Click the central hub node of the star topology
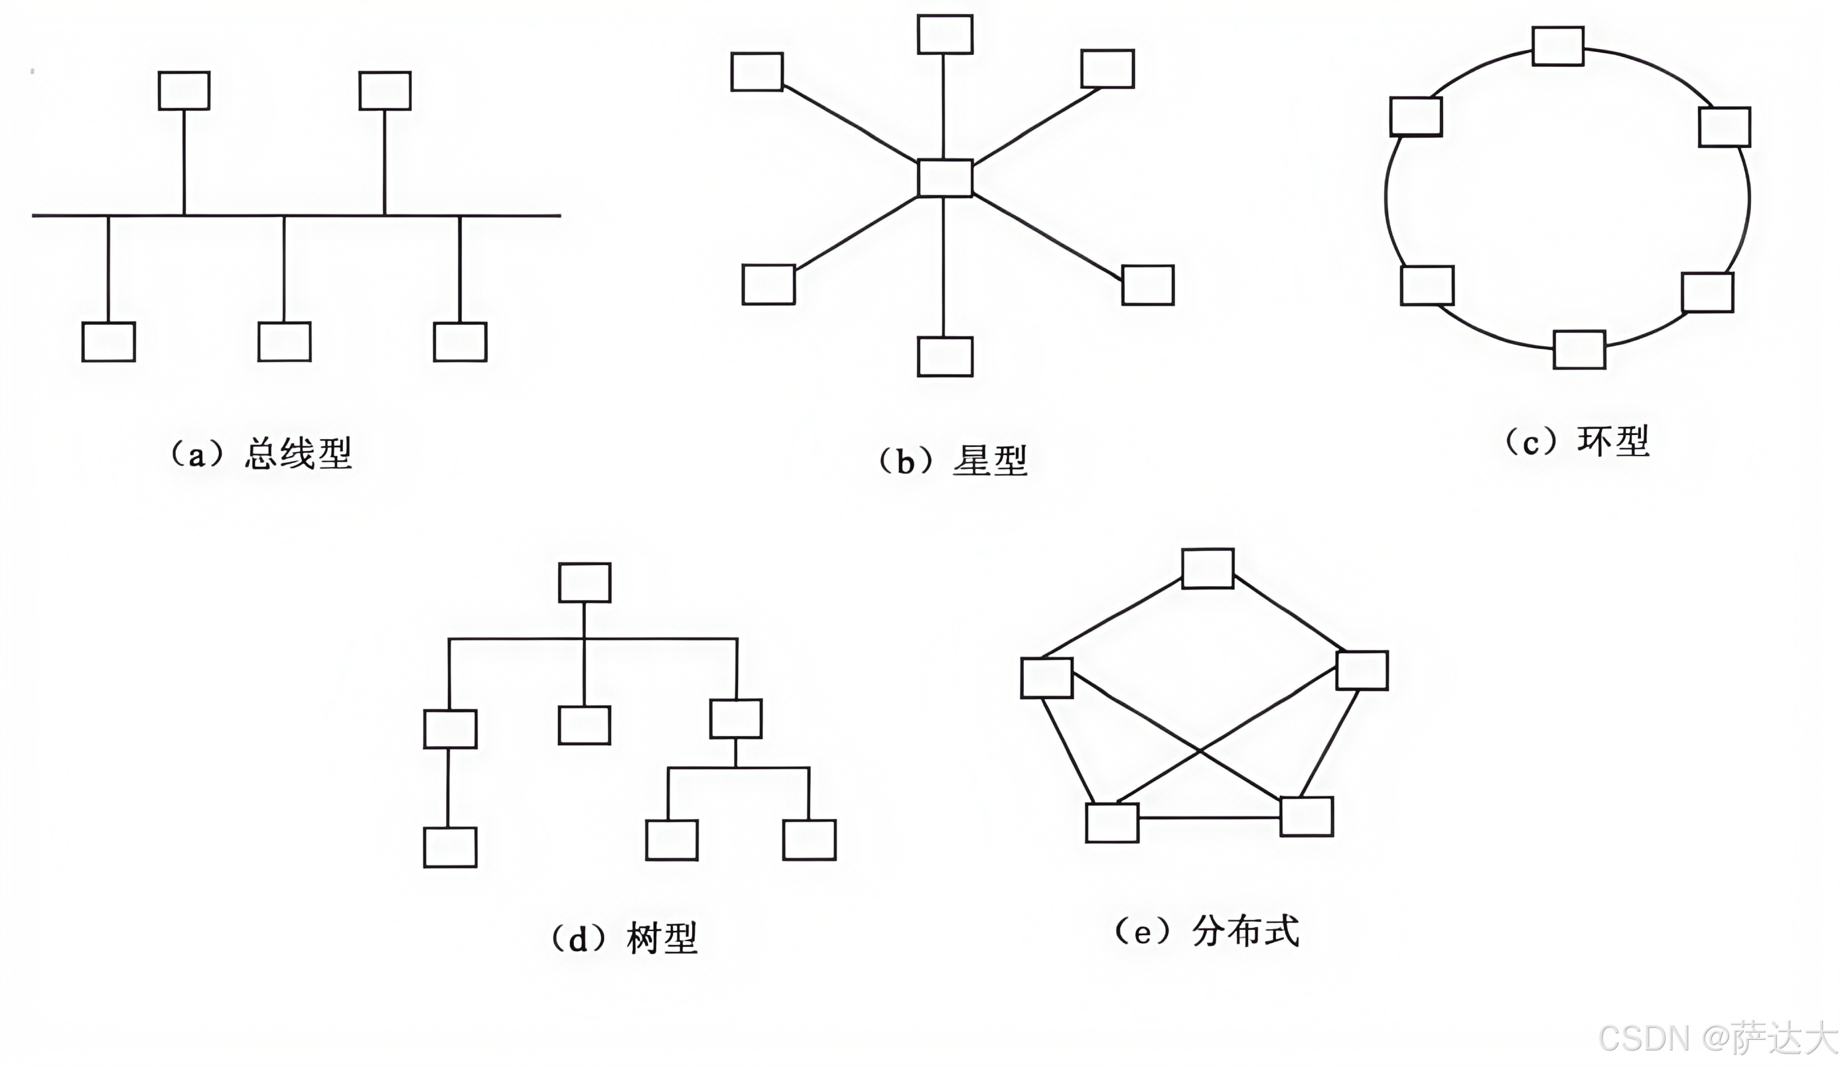coord(944,178)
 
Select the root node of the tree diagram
coord(585,582)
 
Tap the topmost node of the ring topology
coord(1557,46)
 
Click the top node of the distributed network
coord(1208,568)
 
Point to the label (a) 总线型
coord(261,454)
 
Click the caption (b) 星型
coord(952,461)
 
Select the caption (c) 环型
coord(1577,442)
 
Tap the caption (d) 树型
coord(624,938)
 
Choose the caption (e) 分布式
coord(1206,932)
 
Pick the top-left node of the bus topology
coord(184,91)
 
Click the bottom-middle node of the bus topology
coord(285,342)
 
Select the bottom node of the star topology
coord(944,357)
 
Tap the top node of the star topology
coord(944,34)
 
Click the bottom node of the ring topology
coord(1579,349)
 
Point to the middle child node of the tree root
coord(584,725)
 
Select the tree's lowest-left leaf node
coord(451,847)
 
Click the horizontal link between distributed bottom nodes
coord(1209,818)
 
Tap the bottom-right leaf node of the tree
coord(809,840)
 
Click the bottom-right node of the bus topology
coord(460,342)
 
